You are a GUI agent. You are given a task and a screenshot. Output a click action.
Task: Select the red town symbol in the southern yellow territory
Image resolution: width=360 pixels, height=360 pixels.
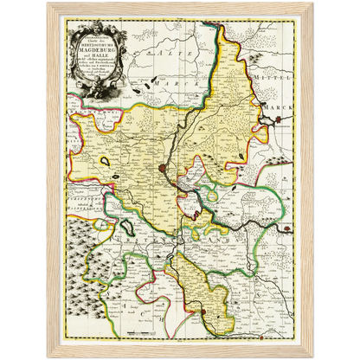(203, 314)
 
